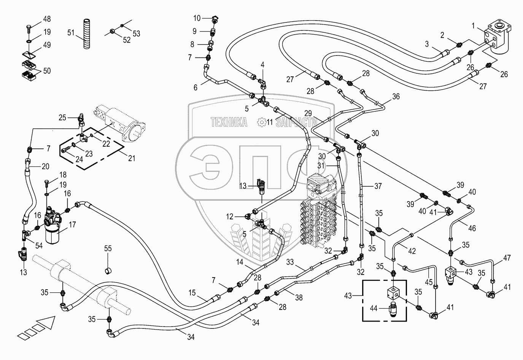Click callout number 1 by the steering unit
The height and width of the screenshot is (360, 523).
[x=473, y=26]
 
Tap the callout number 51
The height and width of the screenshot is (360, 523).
[x=71, y=33]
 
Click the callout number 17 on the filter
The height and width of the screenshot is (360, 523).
[x=72, y=225]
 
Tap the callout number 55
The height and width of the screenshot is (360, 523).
[x=108, y=249]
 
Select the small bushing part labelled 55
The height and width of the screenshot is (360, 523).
[x=108, y=270]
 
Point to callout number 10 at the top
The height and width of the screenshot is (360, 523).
[x=197, y=18]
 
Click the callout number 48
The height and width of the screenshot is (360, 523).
[x=46, y=19]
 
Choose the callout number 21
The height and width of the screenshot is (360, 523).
[x=131, y=158]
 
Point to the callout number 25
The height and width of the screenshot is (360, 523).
[x=62, y=117]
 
